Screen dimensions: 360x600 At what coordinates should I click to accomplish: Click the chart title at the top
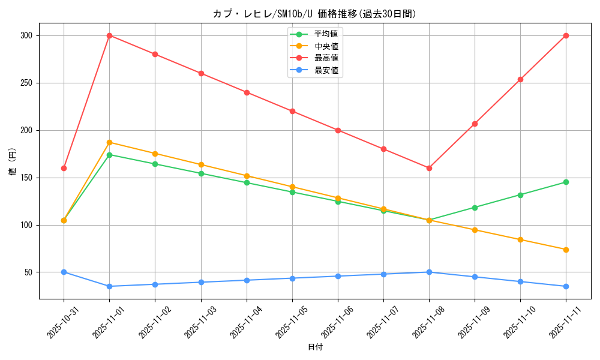pyautogui.click(x=314, y=14)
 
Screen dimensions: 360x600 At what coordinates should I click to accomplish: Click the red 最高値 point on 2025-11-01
pyautogui.click(x=109, y=35)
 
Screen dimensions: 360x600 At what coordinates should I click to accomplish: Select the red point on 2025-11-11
pyautogui.click(x=566, y=35)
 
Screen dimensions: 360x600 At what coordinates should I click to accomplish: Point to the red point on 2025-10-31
pyautogui.click(x=64, y=168)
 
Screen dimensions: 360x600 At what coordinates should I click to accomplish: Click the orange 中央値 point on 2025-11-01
pyautogui.click(x=109, y=142)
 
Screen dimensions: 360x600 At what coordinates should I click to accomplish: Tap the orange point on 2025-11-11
pyautogui.click(x=566, y=250)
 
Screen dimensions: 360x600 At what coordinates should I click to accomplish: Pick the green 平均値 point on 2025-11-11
pyautogui.click(x=566, y=182)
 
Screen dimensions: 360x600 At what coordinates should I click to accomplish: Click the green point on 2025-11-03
pyautogui.click(x=201, y=173)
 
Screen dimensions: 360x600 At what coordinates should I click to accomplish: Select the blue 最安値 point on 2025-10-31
pyautogui.click(x=64, y=272)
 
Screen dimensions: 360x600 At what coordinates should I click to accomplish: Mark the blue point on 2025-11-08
pyautogui.click(x=429, y=272)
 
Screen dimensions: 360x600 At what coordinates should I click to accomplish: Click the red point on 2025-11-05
pyautogui.click(x=292, y=111)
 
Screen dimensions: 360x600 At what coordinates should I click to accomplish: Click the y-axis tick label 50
pyautogui.click(x=28, y=272)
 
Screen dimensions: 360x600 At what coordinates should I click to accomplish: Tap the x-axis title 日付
pyautogui.click(x=315, y=347)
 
